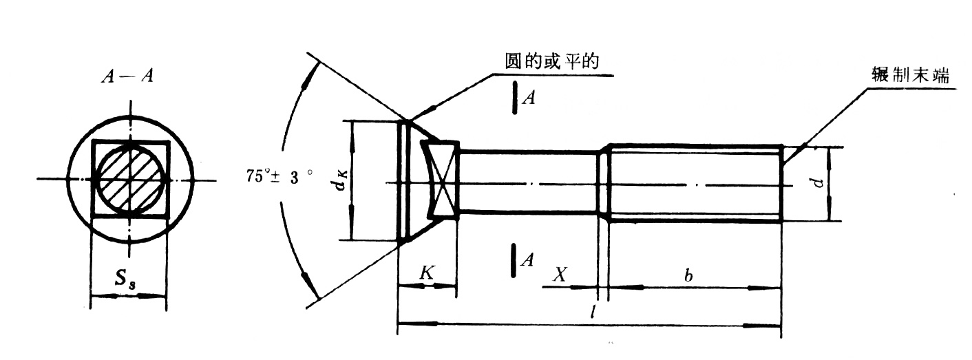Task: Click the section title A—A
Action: pos(127,76)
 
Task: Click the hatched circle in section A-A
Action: pos(131,180)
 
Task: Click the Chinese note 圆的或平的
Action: pos(551,61)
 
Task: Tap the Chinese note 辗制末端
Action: pos(910,76)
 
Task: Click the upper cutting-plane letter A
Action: pos(529,98)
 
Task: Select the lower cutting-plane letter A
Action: pos(527,260)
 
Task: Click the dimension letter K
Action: pos(427,273)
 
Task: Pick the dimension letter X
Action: pos(560,274)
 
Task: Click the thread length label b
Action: pos(688,275)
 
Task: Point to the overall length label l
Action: pos(593,312)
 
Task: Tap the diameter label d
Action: pos(818,182)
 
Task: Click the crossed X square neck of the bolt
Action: pos(441,179)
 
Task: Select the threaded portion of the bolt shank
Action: pos(695,184)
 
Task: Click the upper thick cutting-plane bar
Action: pos(515,98)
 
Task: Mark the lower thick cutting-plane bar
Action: pos(514,260)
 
